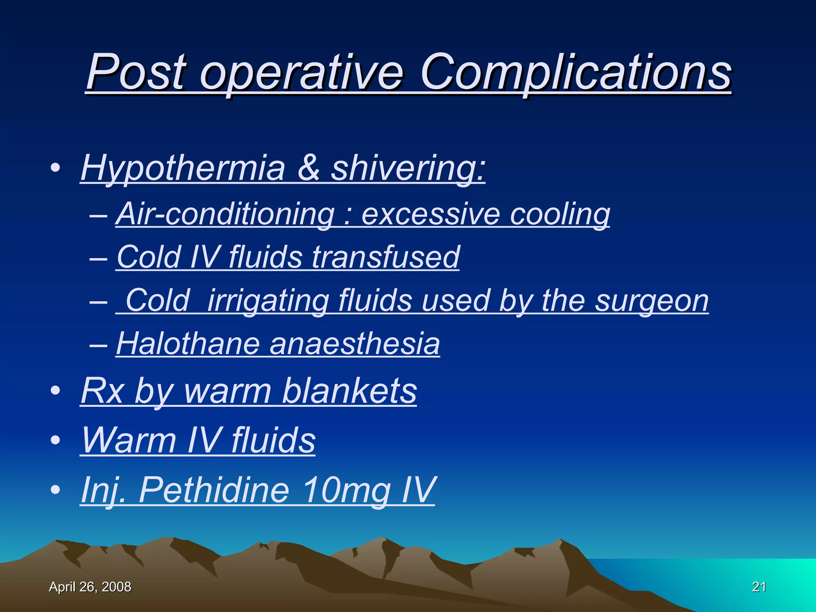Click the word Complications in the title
[575, 73]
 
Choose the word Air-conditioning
[225, 214]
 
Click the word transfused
[386, 257]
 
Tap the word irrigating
[268, 301]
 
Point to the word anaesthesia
[355, 343]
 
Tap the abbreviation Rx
[102, 391]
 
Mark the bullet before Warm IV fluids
[55, 440]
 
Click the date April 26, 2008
[90, 587]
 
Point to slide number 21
[759, 587]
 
